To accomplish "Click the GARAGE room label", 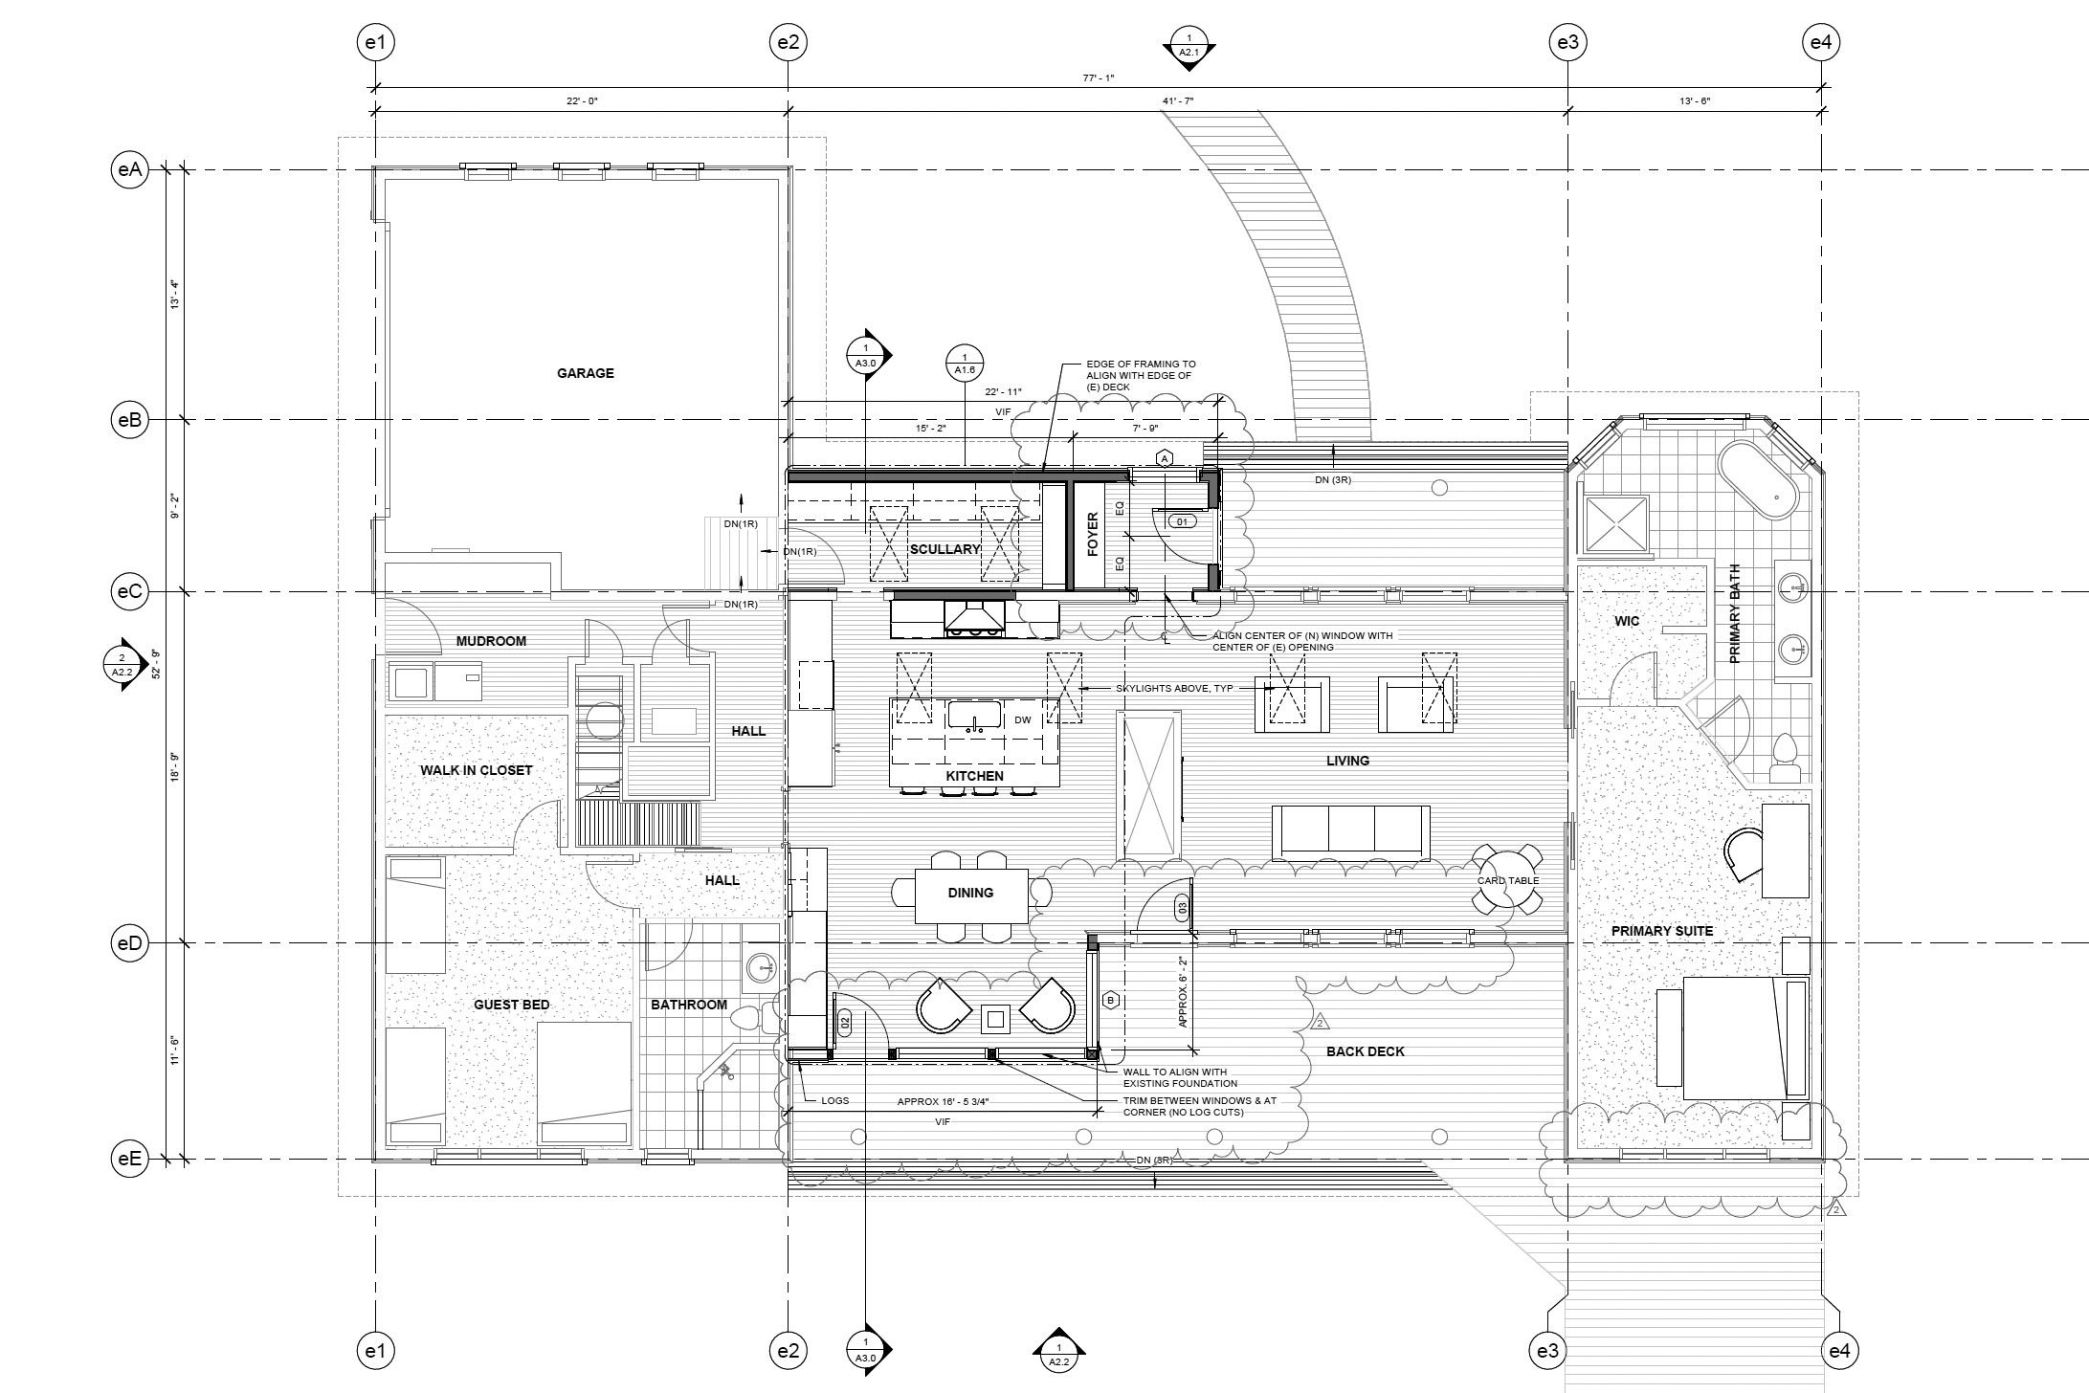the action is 586,373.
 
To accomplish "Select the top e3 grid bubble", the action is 1567,42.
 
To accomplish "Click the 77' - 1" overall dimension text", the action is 1099,77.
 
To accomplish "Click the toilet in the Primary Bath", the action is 1784,760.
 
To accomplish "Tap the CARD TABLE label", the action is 1508,880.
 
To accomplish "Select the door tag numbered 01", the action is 1182,522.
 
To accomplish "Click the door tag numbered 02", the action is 845,1022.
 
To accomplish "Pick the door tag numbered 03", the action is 1182,907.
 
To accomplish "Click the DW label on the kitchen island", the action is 1022,719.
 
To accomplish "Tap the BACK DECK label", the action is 1366,1051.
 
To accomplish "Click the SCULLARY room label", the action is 944,549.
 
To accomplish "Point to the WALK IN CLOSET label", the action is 477,770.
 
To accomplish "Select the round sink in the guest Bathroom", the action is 763,967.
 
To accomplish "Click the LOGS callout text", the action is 835,1100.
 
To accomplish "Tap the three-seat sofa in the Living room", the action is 1351,830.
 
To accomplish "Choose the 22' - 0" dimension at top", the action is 582,100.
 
